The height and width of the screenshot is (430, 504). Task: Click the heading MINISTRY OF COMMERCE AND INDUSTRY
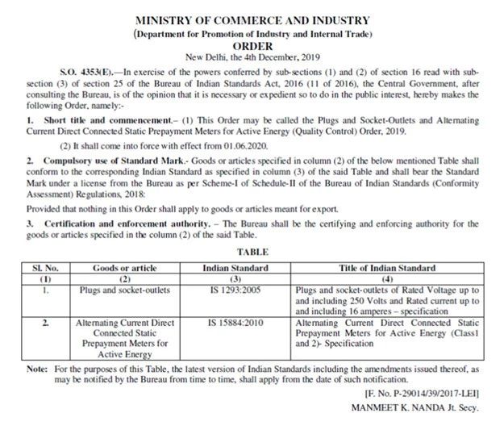coord(252,19)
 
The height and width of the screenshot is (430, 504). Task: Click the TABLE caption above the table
coord(252,253)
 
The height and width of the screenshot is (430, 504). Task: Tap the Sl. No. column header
coord(46,267)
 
